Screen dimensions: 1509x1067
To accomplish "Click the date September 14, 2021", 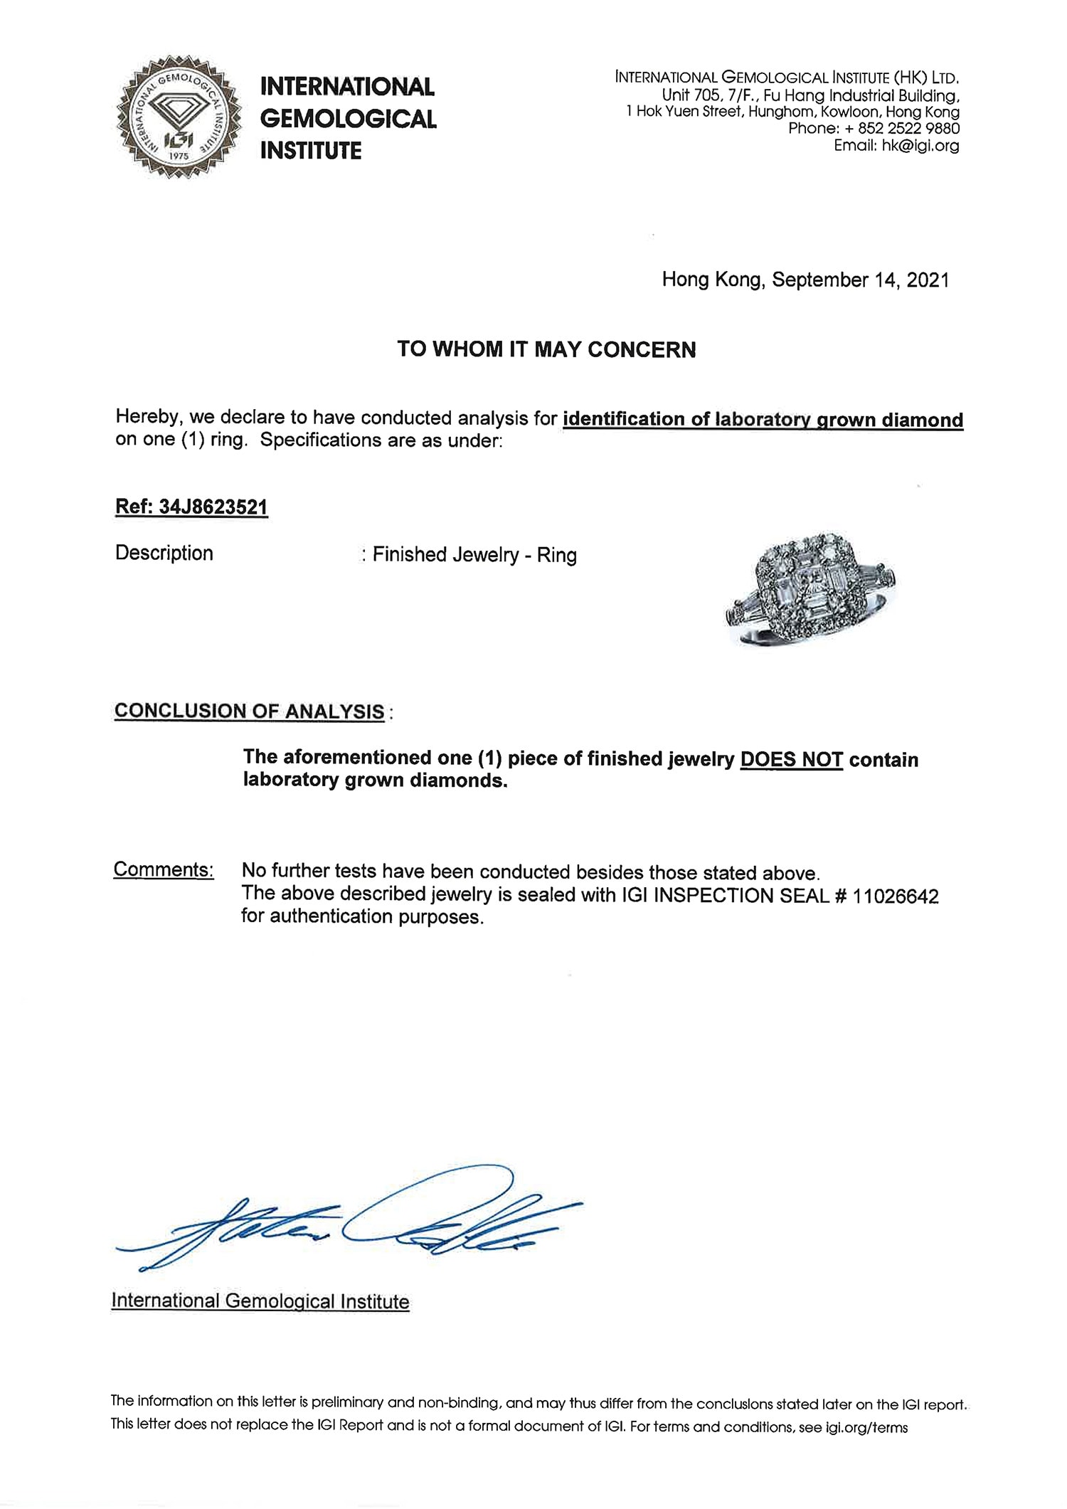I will click(860, 280).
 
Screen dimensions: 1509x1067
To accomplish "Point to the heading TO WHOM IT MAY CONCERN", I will click(546, 349).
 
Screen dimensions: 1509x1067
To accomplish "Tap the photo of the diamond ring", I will click(809, 588).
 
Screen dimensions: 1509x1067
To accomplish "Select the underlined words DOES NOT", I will click(791, 759).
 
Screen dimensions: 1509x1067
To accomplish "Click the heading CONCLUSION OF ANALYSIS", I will click(249, 711).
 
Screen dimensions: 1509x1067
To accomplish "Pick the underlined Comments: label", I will click(164, 870).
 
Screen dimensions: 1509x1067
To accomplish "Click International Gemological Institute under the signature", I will click(260, 1301).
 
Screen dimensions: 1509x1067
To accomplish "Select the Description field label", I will click(164, 553).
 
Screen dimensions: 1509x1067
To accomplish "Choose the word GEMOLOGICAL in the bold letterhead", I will click(348, 119).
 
